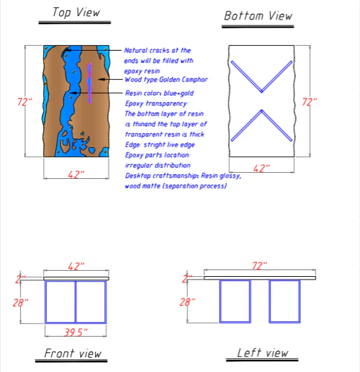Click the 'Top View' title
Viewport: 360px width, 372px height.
click(76, 12)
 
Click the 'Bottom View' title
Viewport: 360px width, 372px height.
click(258, 16)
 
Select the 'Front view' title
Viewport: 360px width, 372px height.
click(72, 353)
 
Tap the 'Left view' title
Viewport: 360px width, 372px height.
click(262, 352)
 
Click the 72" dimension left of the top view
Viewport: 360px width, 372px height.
click(25, 102)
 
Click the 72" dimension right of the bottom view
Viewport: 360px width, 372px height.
click(309, 102)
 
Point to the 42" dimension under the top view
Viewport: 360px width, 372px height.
click(76, 174)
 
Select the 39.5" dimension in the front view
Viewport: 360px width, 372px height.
click(76, 331)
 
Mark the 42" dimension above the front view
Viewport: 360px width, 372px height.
click(76, 267)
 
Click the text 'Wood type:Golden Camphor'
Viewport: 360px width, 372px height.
click(166, 80)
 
